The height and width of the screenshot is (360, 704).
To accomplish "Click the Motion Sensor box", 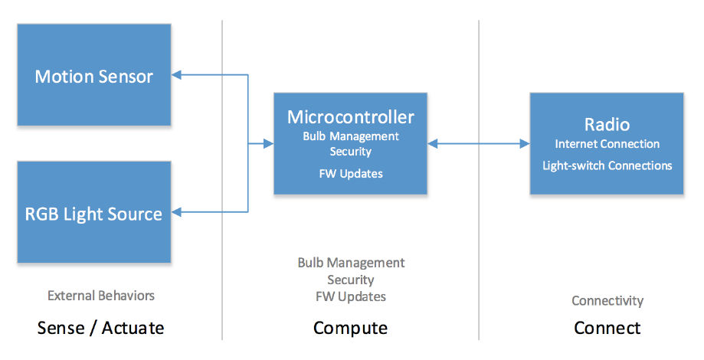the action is pos(93,74).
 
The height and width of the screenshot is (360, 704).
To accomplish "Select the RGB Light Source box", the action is pos(93,212).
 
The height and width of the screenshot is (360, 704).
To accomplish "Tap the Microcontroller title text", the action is pos(351,117).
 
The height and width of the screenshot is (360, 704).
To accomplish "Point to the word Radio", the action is pos(607,124).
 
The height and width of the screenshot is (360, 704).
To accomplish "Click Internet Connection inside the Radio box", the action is pos(607,144).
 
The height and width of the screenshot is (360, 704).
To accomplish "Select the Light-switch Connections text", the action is pos(607,165).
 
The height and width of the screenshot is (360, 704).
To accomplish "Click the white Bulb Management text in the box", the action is pos(351,136).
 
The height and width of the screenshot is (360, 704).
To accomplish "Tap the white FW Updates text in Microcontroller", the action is pos(351,174).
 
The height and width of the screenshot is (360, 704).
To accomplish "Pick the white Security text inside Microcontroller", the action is pos(351,152).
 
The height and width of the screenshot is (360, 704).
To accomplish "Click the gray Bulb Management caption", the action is pos(351,263).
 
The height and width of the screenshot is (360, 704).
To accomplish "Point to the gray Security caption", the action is pos(351,280).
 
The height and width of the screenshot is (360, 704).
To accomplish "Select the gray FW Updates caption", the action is pos(351,296).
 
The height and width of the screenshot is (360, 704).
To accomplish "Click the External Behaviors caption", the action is pos(101,296).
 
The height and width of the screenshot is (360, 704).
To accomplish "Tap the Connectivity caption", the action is pos(607,301).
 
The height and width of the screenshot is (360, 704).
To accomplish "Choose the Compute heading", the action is pos(350,328).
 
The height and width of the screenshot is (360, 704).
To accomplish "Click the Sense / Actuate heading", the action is pos(100,328).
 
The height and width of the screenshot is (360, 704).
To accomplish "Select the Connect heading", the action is pos(607,328).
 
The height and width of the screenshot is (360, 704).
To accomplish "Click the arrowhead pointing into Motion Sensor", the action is pos(176,75).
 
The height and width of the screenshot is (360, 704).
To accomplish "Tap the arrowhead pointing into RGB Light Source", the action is pos(176,212).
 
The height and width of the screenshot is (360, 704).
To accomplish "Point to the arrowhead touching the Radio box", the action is pos(525,144).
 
